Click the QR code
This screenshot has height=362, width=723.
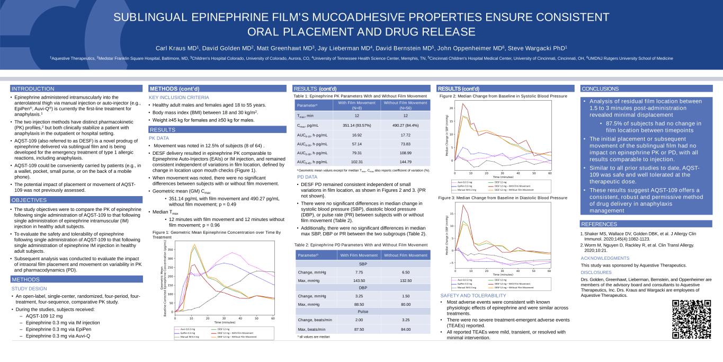click(691, 319)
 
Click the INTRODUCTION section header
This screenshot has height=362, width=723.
click(33, 89)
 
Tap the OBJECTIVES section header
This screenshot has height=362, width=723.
click(29, 200)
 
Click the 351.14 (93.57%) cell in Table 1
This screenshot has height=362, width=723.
click(356, 125)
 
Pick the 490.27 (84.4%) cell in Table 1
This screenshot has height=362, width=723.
click(405, 125)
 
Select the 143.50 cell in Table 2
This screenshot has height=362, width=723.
click(359, 280)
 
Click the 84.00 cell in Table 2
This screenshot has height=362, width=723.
click(405, 329)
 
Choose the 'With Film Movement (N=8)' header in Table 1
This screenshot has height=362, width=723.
click(356, 105)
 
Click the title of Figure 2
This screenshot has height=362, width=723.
click(503, 96)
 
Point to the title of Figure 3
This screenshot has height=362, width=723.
click(503, 198)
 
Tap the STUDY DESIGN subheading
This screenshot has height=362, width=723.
click(29, 288)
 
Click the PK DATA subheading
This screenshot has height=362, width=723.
click(159, 138)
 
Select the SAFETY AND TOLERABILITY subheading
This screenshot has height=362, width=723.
click(474, 295)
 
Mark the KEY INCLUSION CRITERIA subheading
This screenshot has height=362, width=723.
click(178, 98)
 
